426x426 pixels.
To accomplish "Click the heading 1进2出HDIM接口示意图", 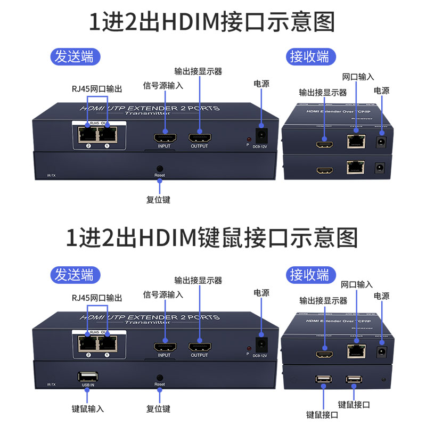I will point(212,22).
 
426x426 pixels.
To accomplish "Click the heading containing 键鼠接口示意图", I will point(212,237).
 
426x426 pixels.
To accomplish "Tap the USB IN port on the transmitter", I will point(86,375).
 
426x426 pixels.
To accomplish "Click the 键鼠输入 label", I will point(88,409).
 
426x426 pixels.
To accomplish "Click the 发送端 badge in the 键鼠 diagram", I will point(75,274).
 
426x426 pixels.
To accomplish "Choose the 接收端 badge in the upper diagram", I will point(309,56).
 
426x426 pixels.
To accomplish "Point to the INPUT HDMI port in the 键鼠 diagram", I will point(165,347).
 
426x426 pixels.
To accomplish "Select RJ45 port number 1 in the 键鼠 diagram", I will point(108,344).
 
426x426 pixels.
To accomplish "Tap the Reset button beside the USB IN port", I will point(160,376).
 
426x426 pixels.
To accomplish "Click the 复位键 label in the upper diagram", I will point(158,200).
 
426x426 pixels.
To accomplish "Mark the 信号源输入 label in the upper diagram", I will point(163,85).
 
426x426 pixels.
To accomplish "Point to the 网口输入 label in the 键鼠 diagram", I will point(357,284).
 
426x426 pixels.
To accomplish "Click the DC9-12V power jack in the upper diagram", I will point(261,134).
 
